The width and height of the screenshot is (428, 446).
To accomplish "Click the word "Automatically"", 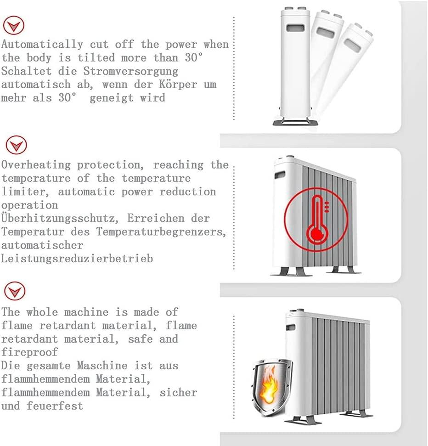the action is click(42, 45).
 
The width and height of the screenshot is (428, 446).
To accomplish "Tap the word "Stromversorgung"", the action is click(130, 71).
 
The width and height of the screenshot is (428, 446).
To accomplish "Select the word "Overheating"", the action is click(36, 165).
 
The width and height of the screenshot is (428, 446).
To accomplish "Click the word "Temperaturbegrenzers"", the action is click(161, 231).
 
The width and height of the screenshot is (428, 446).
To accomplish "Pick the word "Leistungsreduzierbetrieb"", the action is click(77, 259).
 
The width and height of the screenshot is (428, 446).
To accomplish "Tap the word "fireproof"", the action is click(29, 352).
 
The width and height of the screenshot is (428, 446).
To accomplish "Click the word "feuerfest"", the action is click(55, 406).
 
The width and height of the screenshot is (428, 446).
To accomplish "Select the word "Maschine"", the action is click(102, 366).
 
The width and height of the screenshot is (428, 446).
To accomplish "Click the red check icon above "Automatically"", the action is click(13, 25).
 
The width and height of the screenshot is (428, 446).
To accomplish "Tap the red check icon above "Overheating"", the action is click(16, 145).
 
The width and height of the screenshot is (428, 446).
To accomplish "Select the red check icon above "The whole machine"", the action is click(15, 291).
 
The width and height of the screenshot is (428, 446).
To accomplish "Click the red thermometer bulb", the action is click(317, 234).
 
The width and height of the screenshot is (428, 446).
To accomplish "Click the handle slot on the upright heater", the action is click(295, 28).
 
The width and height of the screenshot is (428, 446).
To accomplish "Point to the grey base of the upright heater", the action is click(295, 123).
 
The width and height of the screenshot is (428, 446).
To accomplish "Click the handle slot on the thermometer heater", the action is click(280, 175).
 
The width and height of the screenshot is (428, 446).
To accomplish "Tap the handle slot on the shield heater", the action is click(290, 327).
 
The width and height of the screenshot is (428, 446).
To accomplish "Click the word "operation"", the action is click(29, 205).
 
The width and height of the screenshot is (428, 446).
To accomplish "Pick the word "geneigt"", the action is click(112, 98).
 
